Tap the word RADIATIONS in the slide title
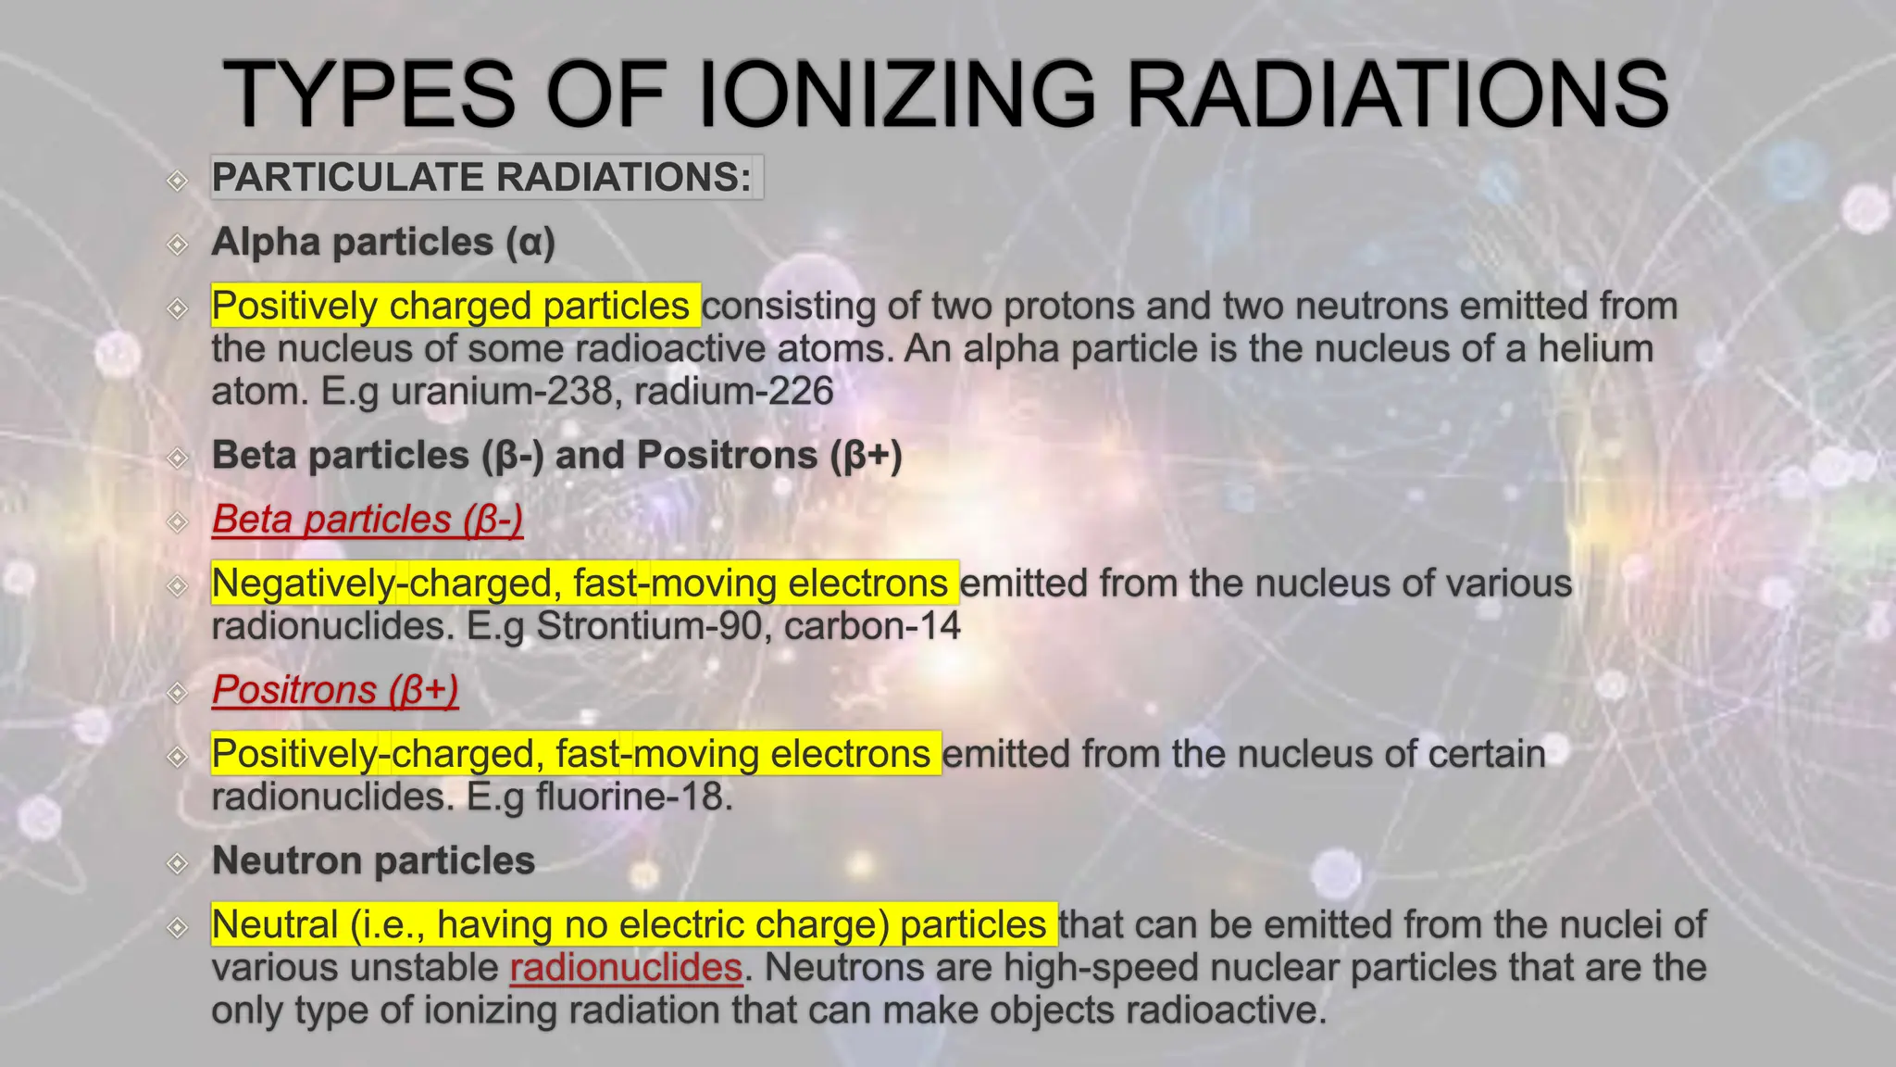pyautogui.click(x=1397, y=94)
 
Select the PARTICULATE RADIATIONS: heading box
pyautogui.click(x=486, y=177)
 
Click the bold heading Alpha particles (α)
pyautogui.click(x=383, y=243)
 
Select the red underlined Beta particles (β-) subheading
pyautogui.click(x=368, y=520)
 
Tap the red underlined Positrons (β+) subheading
pyautogui.click(x=335, y=690)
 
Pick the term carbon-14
pyautogui.click(x=872, y=626)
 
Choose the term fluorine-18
pyautogui.click(x=630, y=797)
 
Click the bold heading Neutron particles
pyautogui.click(x=373, y=860)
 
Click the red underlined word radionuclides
pyautogui.click(x=626, y=967)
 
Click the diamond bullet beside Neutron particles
pyautogui.click(x=177, y=863)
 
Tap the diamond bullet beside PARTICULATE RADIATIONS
pyautogui.click(x=177, y=180)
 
